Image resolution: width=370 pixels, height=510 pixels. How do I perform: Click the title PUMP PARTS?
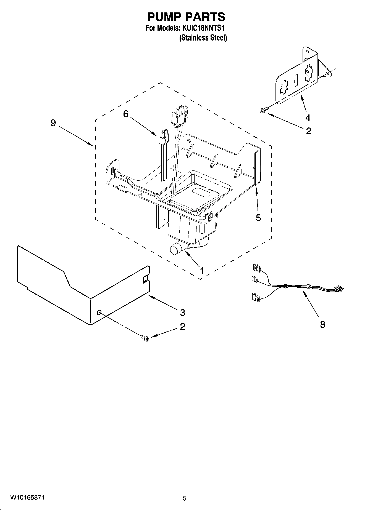(186, 17)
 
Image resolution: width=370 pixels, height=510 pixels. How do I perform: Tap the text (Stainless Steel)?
(203, 38)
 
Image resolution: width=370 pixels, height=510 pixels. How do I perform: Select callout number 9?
(53, 123)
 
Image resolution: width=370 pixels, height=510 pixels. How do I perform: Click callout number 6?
(126, 113)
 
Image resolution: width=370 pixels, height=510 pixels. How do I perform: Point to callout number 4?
(308, 118)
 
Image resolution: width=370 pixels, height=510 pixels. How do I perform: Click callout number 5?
(258, 218)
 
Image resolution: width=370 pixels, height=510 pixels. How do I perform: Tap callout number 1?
(202, 271)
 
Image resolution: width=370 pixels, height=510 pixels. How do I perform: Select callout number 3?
(182, 313)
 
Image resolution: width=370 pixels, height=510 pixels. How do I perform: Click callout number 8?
(322, 324)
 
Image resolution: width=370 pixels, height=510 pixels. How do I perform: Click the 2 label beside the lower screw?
(182, 327)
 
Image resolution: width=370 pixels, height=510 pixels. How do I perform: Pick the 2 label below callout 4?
(309, 131)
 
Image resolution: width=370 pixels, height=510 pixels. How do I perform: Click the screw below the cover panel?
(144, 338)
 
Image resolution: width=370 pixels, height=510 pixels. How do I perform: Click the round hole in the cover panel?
(99, 313)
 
